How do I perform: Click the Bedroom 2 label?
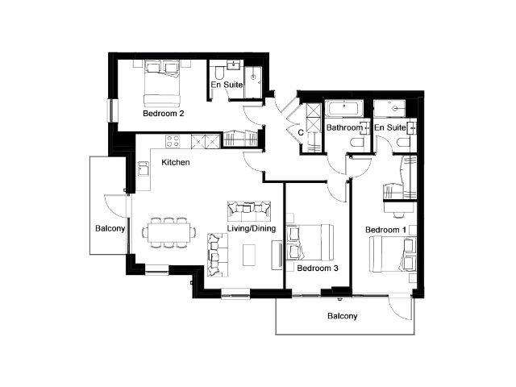click(163, 114)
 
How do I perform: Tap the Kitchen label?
click(176, 162)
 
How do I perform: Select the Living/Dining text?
click(252, 228)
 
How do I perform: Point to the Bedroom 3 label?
click(317, 268)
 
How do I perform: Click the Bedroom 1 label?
click(385, 230)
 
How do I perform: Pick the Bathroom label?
click(344, 127)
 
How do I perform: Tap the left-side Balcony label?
click(110, 228)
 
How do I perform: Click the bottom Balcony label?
click(342, 316)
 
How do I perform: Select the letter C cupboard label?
click(301, 132)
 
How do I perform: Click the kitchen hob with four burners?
click(173, 141)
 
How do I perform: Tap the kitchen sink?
click(144, 169)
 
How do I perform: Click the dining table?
click(169, 233)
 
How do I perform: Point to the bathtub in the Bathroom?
click(344, 109)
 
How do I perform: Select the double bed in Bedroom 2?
click(162, 82)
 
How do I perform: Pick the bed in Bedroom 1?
click(393, 254)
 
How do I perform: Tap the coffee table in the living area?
click(249, 255)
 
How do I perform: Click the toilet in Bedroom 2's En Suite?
click(218, 73)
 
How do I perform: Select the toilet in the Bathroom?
click(356, 143)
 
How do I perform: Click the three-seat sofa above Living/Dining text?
click(249, 211)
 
